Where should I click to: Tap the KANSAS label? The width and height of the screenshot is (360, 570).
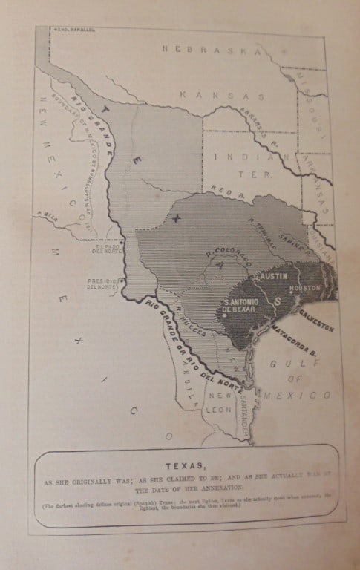point(223,96)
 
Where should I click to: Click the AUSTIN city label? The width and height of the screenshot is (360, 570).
point(272,275)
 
